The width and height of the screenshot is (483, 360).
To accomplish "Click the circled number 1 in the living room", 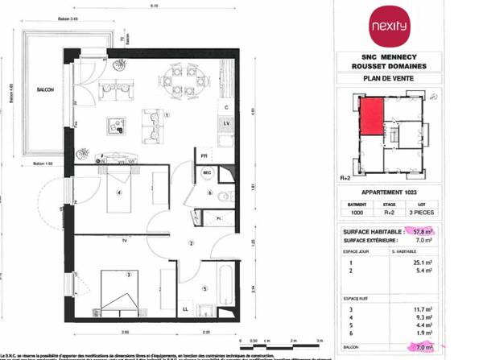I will [x=167, y=115].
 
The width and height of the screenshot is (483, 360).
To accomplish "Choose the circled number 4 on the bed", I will [x=118, y=192].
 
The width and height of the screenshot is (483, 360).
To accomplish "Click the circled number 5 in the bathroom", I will [x=204, y=289].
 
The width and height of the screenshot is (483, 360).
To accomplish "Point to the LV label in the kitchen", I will [x=226, y=122].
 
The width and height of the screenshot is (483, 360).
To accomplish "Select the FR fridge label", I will [x=204, y=155].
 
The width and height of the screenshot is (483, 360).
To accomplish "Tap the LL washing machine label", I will [x=186, y=308].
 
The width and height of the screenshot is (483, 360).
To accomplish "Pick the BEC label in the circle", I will [x=206, y=172].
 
